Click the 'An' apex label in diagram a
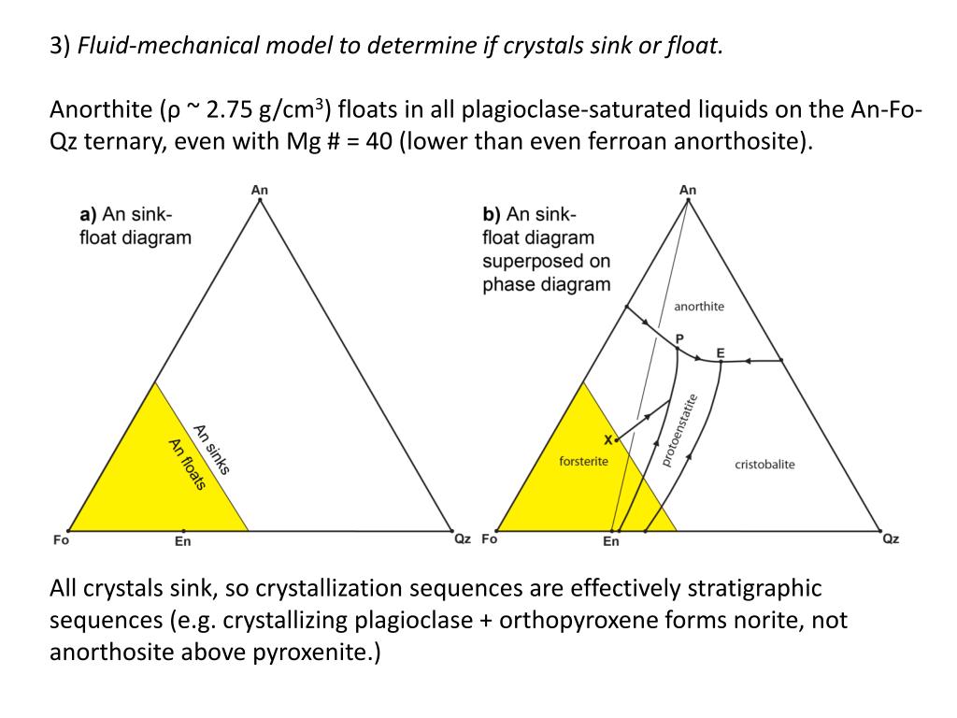click(260, 190)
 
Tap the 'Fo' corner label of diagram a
click(61, 539)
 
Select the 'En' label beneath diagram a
click(183, 540)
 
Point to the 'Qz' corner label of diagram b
click(891, 539)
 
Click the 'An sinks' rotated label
click(212, 449)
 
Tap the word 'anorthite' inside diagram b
click(699, 307)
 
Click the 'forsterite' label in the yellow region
click(583, 461)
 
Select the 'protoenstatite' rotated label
click(679, 429)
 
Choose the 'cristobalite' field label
click(764, 465)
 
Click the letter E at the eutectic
click(720, 352)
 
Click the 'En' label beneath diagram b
click(611, 540)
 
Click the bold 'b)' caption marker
click(492, 214)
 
